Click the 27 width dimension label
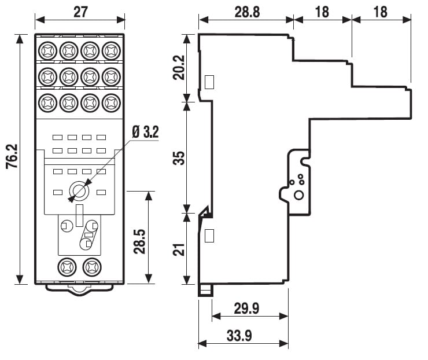coord(80,12)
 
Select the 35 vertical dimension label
coord(180,157)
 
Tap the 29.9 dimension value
coord(246,308)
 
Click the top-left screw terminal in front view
coord(47,51)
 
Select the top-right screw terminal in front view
coord(110,51)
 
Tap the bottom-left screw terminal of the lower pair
coord(68,267)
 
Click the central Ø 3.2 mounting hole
coord(79,190)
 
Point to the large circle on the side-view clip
coord(298,195)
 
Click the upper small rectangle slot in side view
coord(209,82)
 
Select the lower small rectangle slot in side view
coord(209,235)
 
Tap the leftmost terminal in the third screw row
coord(47,102)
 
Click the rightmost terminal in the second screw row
coord(110,76)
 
